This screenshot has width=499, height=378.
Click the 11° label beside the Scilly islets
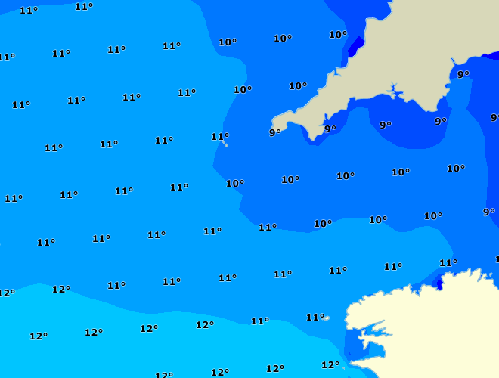click(219, 137)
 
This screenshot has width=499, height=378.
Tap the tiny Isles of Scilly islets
click(226, 144)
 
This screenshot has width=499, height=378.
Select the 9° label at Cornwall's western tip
click(274, 133)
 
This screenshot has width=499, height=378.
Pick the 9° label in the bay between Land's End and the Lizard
click(330, 129)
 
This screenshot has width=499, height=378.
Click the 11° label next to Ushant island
click(315, 318)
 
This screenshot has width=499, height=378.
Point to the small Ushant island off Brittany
click(326, 318)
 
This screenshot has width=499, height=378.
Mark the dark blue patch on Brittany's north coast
click(437, 283)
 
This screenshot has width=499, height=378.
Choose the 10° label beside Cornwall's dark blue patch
click(337, 35)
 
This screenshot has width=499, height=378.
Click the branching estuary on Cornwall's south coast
click(392, 92)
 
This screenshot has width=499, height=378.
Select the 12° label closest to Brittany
click(330, 365)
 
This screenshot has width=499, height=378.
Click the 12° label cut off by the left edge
click(6, 293)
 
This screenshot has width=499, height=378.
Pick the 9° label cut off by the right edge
click(494, 118)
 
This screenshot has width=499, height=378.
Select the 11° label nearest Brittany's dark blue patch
click(448, 263)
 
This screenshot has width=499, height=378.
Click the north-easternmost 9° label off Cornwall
click(463, 74)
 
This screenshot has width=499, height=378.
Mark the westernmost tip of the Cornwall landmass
click(274, 122)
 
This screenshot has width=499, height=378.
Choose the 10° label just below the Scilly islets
click(234, 184)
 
